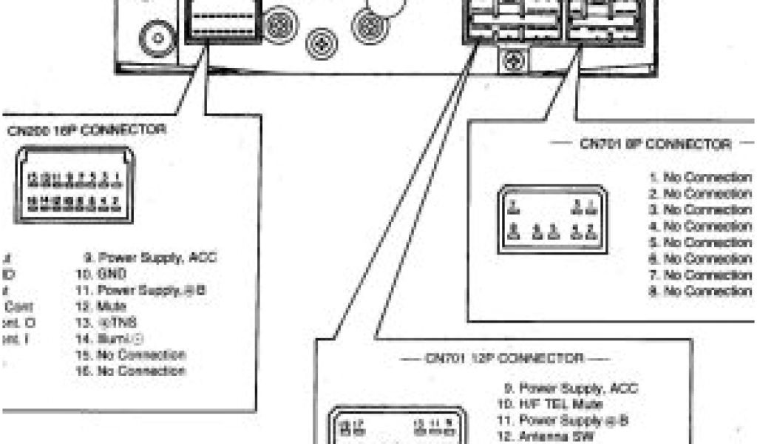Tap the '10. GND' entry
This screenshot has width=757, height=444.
99,274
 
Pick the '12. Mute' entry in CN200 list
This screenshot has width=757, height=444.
101,306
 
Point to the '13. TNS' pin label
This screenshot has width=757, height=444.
103,322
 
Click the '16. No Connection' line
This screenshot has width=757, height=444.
132,370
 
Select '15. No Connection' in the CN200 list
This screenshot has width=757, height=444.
132,354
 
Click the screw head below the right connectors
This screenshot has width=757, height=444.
511,62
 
